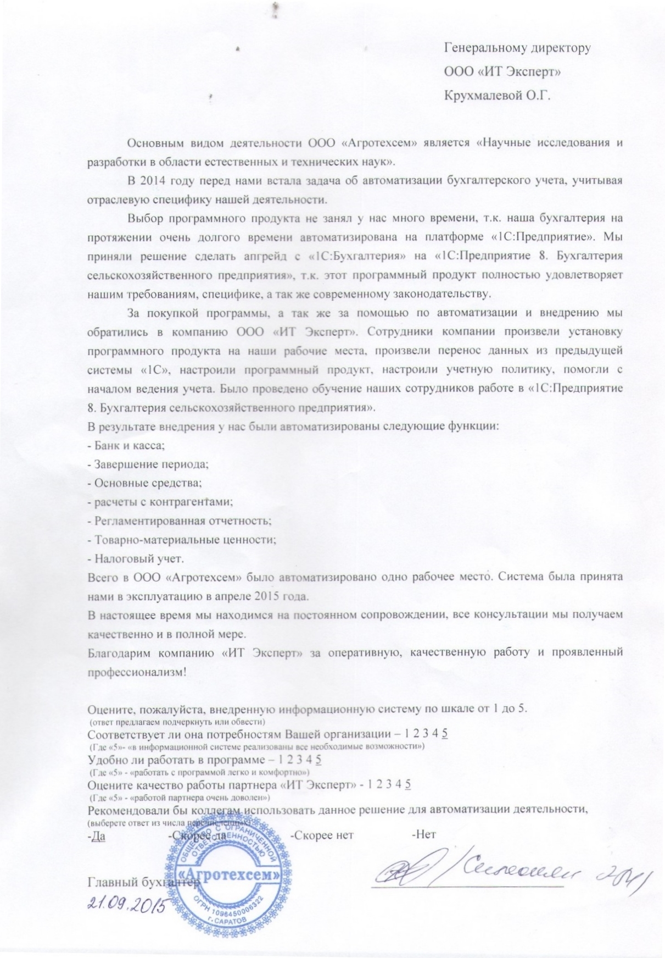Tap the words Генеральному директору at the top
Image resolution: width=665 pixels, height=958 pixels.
517,47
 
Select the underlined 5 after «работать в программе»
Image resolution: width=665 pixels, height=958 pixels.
318,760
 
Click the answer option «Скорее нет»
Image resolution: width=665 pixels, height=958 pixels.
321,835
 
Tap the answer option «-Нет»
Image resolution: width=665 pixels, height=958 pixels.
423,835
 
